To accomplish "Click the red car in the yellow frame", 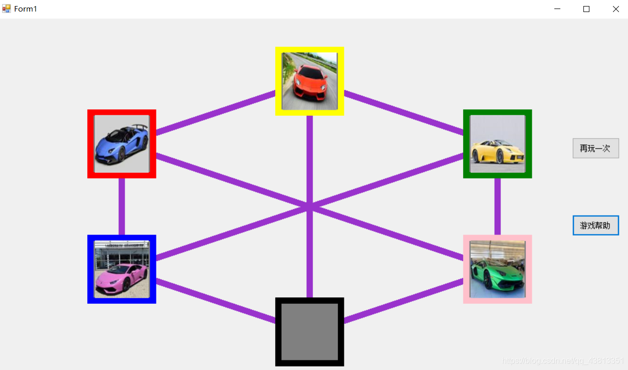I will tap(309, 81).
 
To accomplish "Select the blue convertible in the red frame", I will tap(121, 144).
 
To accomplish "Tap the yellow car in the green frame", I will tap(497, 144).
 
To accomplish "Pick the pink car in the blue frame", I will tap(121, 269).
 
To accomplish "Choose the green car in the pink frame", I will tap(497, 269).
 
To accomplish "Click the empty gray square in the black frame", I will tap(309, 332).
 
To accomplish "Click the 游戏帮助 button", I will tap(595, 225).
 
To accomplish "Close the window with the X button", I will tap(615, 9).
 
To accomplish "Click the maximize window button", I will tap(586, 9).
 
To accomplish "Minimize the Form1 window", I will tap(557, 9).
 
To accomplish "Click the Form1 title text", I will tap(26, 9).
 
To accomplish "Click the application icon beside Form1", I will tap(6, 9).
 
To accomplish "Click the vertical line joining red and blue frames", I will tap(121, 206).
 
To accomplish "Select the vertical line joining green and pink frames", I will tap(497, 206).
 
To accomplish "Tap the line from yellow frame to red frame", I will tap(216, 112).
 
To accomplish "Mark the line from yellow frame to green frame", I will tap(403, 112).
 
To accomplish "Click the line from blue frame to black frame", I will tap(216, 301).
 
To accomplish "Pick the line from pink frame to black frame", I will tap(403, 301).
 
